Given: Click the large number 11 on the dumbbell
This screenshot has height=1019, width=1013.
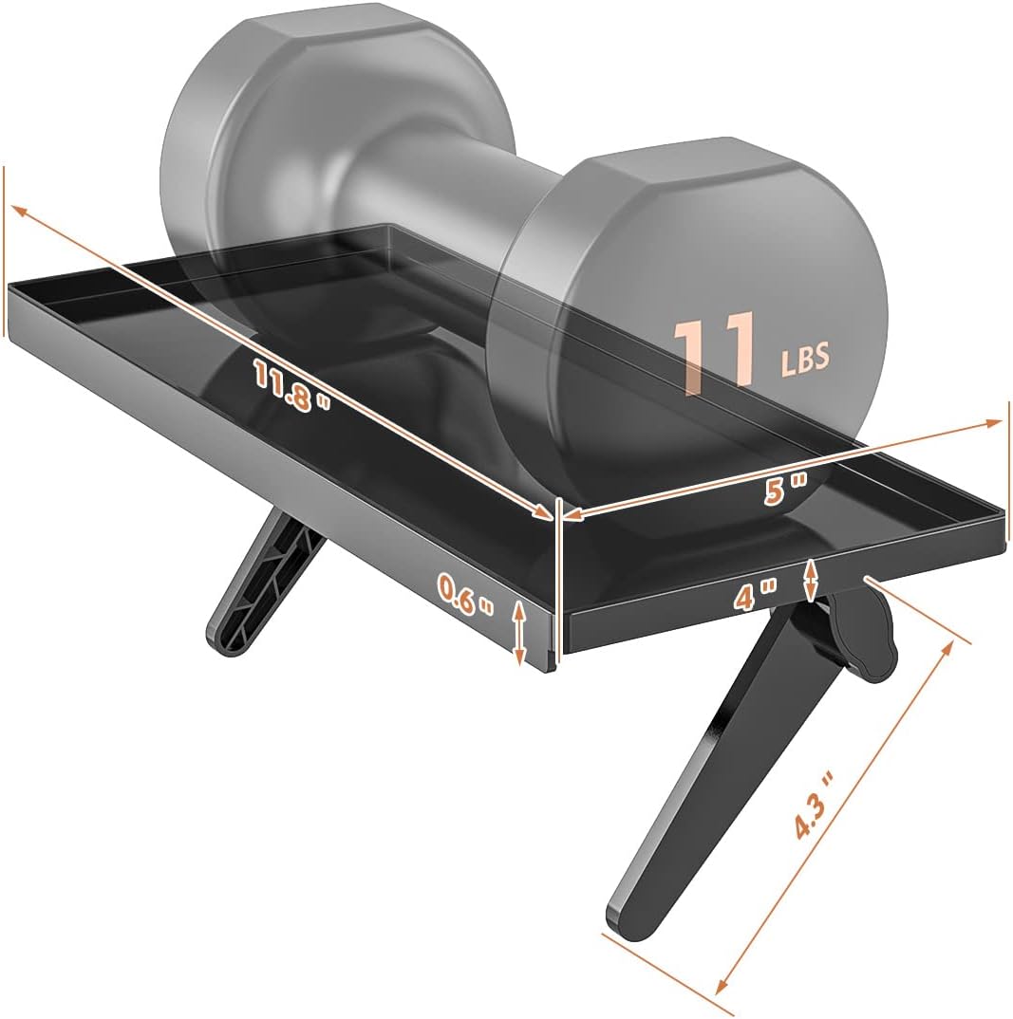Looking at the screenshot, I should (715, 352).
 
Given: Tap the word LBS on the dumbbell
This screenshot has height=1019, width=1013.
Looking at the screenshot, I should (805, 358).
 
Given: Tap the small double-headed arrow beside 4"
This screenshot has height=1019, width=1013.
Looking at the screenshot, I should (810, 581).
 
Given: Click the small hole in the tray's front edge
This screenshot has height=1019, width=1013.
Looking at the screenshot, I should (866, 578).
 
